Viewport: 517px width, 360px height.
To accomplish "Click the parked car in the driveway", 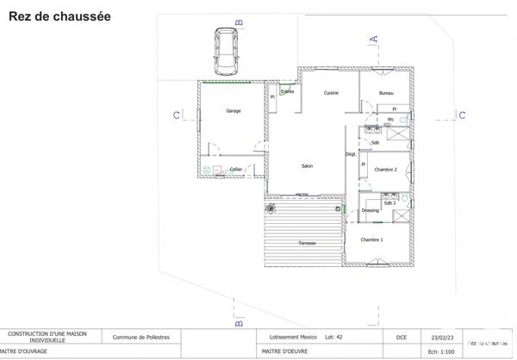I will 227,52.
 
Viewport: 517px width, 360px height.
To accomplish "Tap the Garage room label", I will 233,111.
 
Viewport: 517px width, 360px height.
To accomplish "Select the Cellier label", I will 235,170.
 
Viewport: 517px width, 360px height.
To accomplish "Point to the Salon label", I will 306,166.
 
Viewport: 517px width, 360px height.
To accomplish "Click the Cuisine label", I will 331,93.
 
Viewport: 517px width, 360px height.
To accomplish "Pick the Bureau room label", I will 387,93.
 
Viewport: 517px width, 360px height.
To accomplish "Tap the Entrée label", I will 288,91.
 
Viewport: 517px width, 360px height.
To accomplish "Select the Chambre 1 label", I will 372,239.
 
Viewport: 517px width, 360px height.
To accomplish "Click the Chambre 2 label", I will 386,170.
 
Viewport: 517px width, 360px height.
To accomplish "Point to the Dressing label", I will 371,210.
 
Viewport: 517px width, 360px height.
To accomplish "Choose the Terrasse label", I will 307,243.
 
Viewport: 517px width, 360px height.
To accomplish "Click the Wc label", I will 390,120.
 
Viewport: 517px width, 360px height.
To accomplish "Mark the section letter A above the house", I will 375,37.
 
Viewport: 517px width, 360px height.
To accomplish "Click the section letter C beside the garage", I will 175,115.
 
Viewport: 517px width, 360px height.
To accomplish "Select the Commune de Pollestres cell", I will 140,338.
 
